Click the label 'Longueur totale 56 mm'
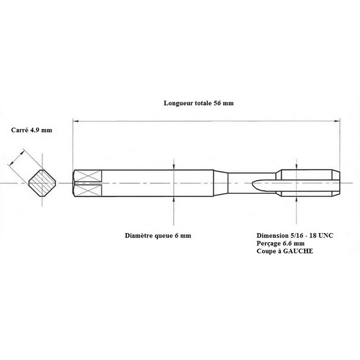click(199, 103)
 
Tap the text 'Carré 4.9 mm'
click(32, 130)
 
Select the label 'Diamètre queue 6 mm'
click(158, 235)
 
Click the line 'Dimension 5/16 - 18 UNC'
click(295, 235)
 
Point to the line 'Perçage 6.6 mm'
click(281, 243)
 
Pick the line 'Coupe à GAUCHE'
click(285, 251)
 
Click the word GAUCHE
click(298, 251)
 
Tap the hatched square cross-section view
click(42, 183)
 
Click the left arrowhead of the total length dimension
click(75, 121)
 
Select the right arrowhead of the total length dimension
click(337, 121)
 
